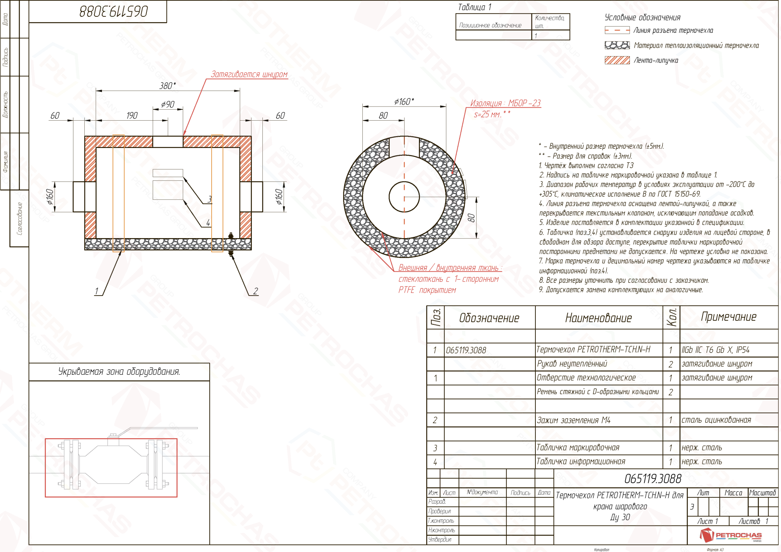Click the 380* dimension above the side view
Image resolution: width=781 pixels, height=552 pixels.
168,85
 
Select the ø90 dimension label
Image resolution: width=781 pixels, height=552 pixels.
168,104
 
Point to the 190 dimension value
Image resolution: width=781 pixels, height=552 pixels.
132,116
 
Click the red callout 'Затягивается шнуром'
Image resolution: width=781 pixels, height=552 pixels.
249,74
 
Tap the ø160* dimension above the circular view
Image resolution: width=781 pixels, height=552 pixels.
404,101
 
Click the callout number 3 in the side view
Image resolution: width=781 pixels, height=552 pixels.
210,199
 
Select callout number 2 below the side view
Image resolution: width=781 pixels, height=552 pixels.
255,291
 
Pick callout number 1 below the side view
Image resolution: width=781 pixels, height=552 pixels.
96,291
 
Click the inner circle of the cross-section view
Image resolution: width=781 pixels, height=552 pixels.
404,196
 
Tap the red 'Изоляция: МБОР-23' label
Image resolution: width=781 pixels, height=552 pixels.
505,103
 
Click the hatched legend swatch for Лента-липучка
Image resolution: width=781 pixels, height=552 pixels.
617,60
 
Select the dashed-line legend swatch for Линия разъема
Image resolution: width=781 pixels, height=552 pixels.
617,30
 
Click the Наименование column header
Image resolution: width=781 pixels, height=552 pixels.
598,318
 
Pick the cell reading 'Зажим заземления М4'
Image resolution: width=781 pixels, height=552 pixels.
573,420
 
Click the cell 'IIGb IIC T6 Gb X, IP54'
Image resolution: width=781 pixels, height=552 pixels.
715,350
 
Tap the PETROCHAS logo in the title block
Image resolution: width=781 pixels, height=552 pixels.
730,535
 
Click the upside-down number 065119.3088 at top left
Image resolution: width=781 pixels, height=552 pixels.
114,11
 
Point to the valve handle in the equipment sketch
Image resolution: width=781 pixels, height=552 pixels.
156,429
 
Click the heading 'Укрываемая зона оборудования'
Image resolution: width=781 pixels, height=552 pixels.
119,371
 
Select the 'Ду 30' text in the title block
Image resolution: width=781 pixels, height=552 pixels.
620,517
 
